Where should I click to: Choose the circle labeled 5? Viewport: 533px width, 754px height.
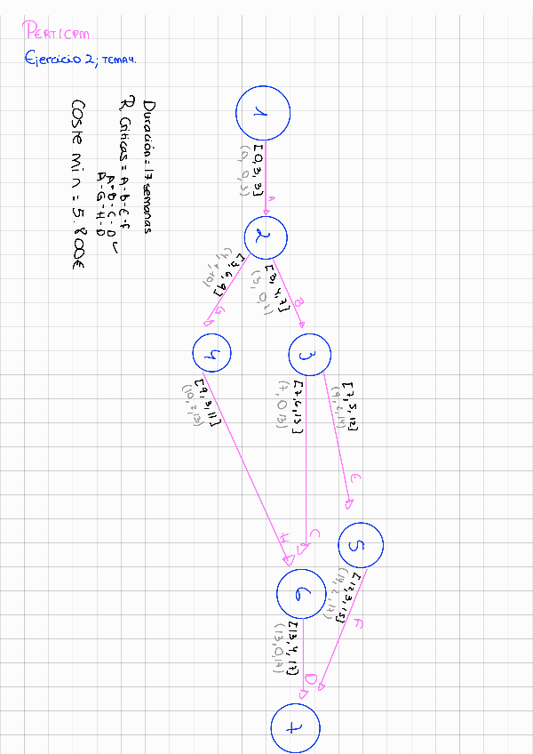click(x=360, y=544)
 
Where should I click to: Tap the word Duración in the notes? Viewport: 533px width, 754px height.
click(x=148, y=125)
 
